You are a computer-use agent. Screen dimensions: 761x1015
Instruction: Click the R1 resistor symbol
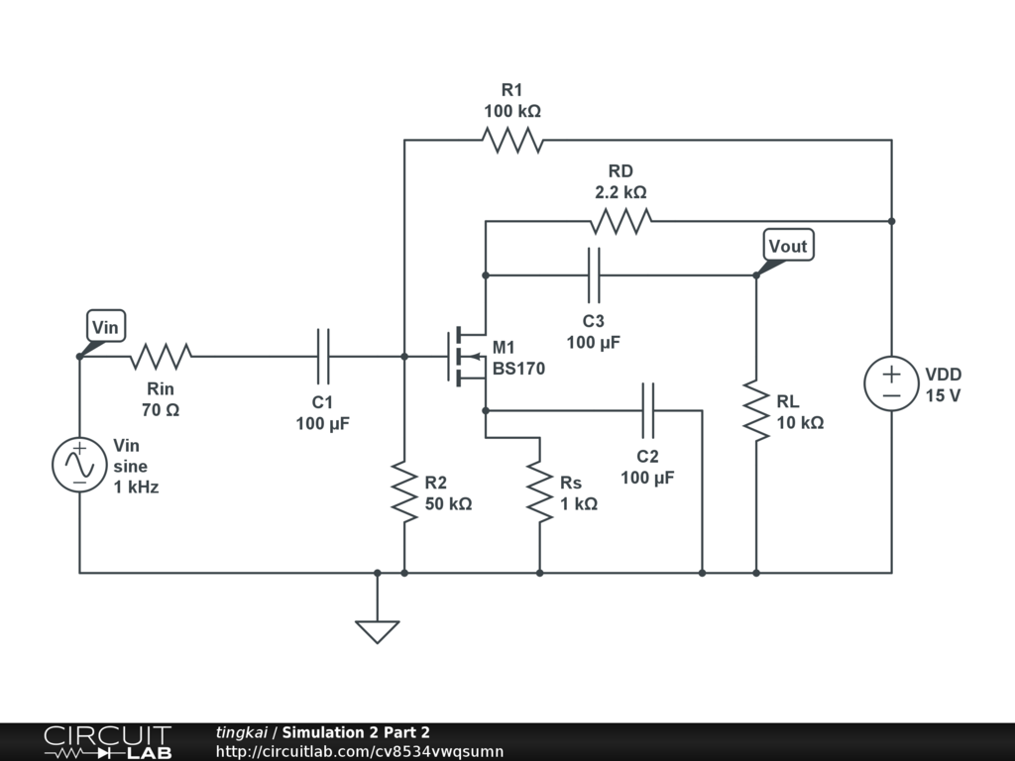pyautogui.click(x=512, y=140)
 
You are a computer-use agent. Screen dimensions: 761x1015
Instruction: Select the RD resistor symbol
pyautogui.click(x=620, y=220)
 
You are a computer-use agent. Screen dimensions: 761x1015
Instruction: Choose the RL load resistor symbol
pyautogui.click(x=755, y=409)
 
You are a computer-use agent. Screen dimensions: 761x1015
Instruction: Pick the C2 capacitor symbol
pyautogui.click(x=647, y=409)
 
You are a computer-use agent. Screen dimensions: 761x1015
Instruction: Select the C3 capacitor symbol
pyautogui.click(x=594, y=274)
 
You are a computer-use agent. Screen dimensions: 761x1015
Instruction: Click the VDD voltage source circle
pyautogui.click(x=891, y=383)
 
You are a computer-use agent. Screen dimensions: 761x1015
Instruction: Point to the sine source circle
pyautogui.click(x=79, y=464)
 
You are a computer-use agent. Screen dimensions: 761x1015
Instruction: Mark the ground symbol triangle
pyautogui.click(x=377, y=630)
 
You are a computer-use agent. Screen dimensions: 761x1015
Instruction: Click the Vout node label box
pyautogui.click(x=788, y=246)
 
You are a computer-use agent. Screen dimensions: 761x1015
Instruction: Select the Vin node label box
pyautogui.click(x=105, y=326)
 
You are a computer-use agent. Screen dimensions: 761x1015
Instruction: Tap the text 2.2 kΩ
pyautogui.click(x=620, y=192)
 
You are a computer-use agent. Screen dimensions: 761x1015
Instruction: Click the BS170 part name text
pyautogui.click(x=518, y=369)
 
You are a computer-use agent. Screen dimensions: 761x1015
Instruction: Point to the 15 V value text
pyautogui.click(x=944, y=396)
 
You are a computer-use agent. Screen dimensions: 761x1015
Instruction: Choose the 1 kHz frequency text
pyautogui.click(x=136, y=488)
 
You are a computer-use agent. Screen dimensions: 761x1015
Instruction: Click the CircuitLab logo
pyautogui.click(x=106, y=741)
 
